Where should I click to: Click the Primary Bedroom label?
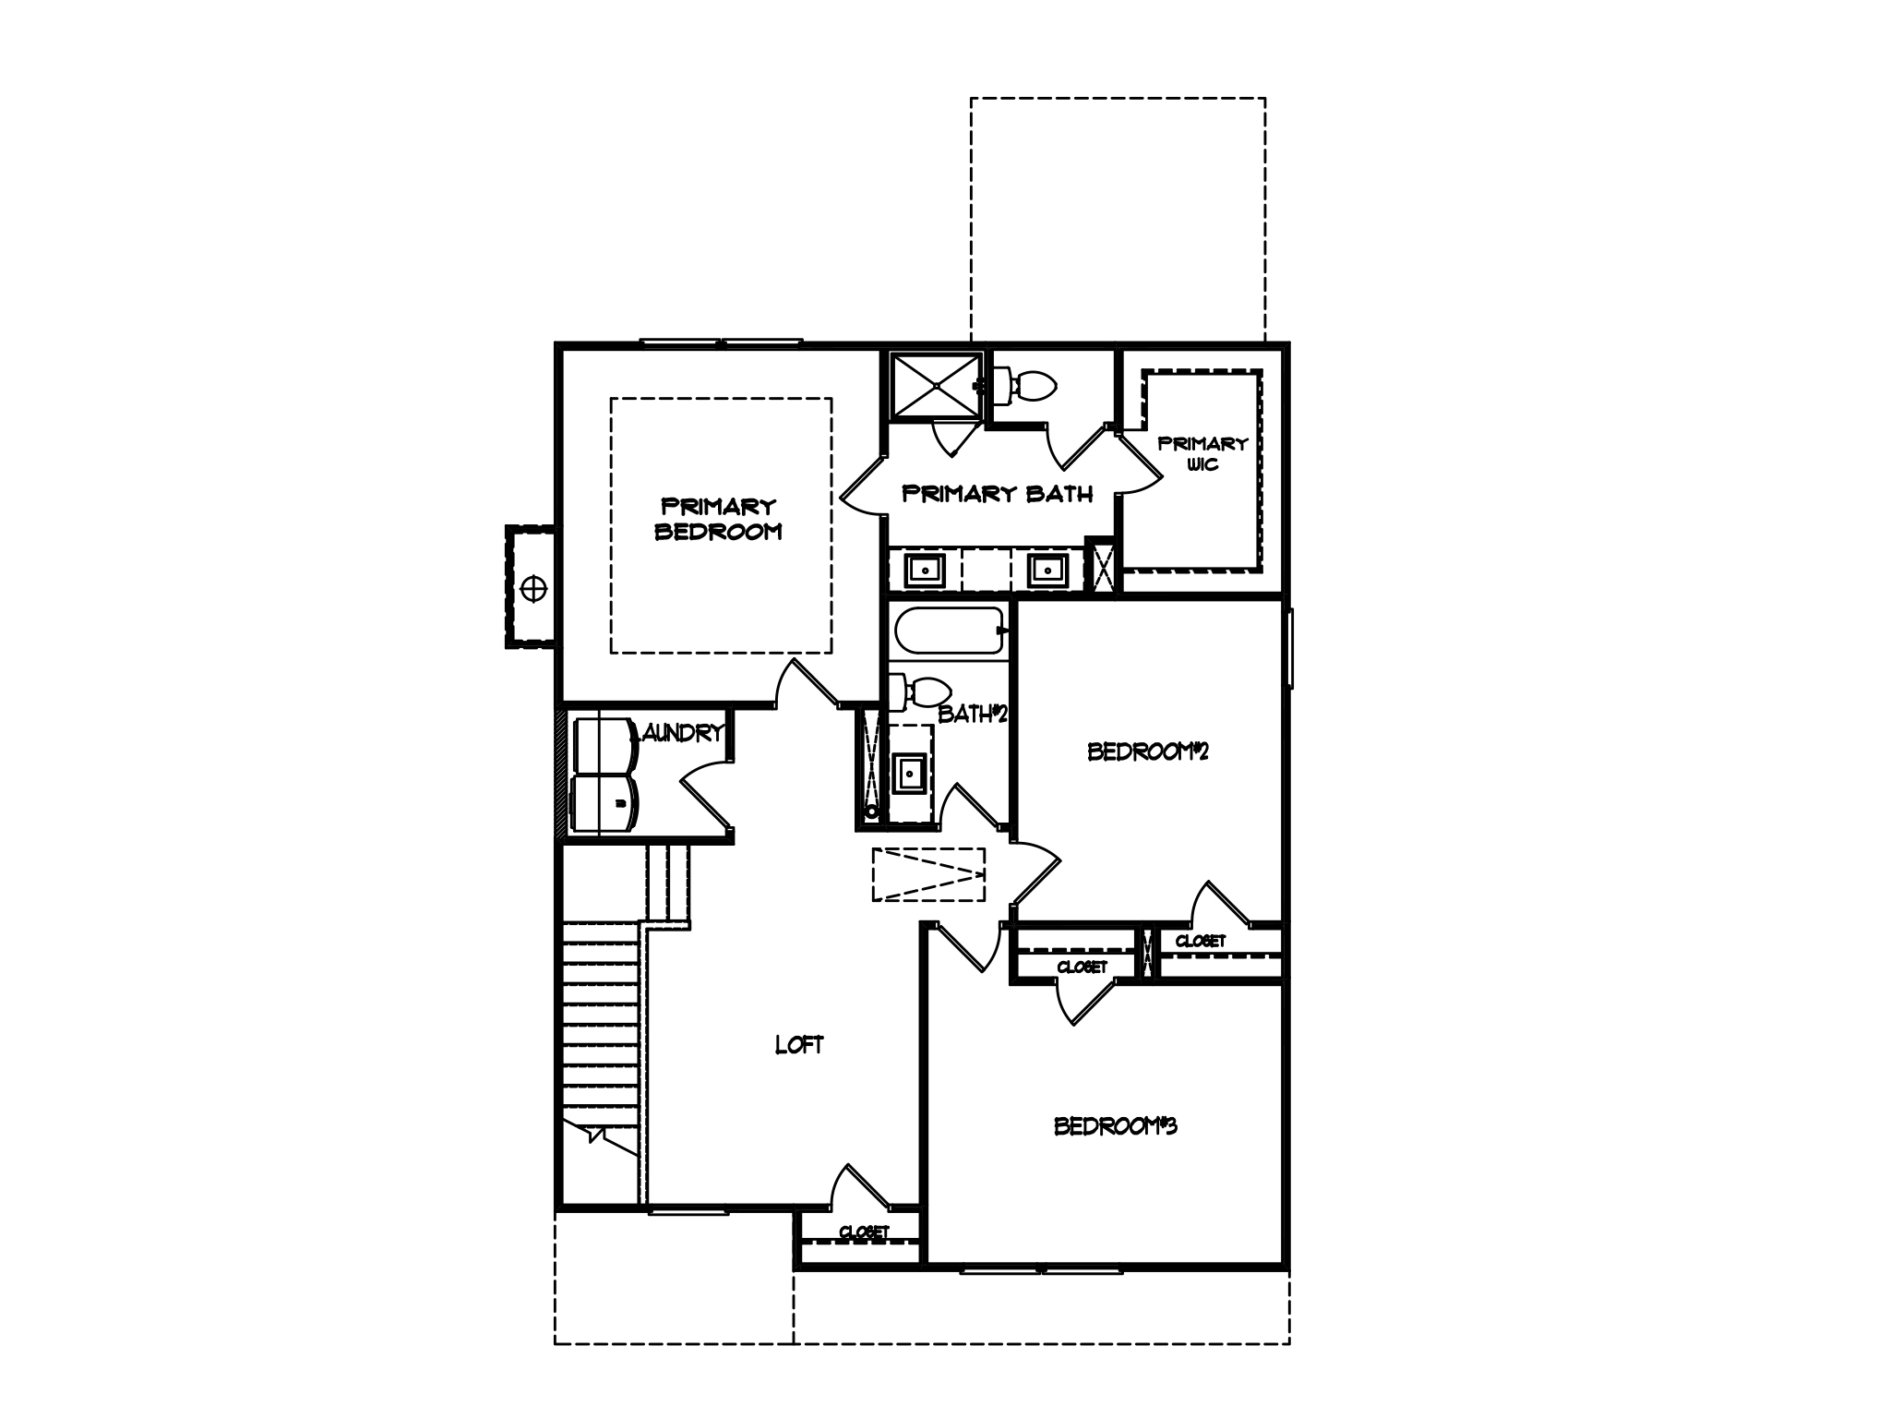(718, 519)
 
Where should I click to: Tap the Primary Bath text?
(997, 494)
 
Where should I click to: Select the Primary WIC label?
(1202, 453)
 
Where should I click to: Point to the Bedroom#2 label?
(1148, 751)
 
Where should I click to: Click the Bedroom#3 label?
(1116, 1126)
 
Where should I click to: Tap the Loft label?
(798, 1045)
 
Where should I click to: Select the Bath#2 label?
(971, 714)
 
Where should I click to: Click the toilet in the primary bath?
(1027, 385)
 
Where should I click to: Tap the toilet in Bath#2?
(926, 690)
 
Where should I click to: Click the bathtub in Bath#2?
(948, 631)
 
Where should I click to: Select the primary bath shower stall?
(935, 385)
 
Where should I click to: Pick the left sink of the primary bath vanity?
(923, 571)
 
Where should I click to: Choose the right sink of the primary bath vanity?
(1047, 571)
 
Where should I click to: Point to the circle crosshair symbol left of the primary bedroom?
(534, 587)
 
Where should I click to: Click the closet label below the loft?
(864, 1232)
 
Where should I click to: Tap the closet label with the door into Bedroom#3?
(1082, 967)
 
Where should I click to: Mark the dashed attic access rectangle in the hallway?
(928, 873)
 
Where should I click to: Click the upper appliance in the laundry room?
(603, 744)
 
